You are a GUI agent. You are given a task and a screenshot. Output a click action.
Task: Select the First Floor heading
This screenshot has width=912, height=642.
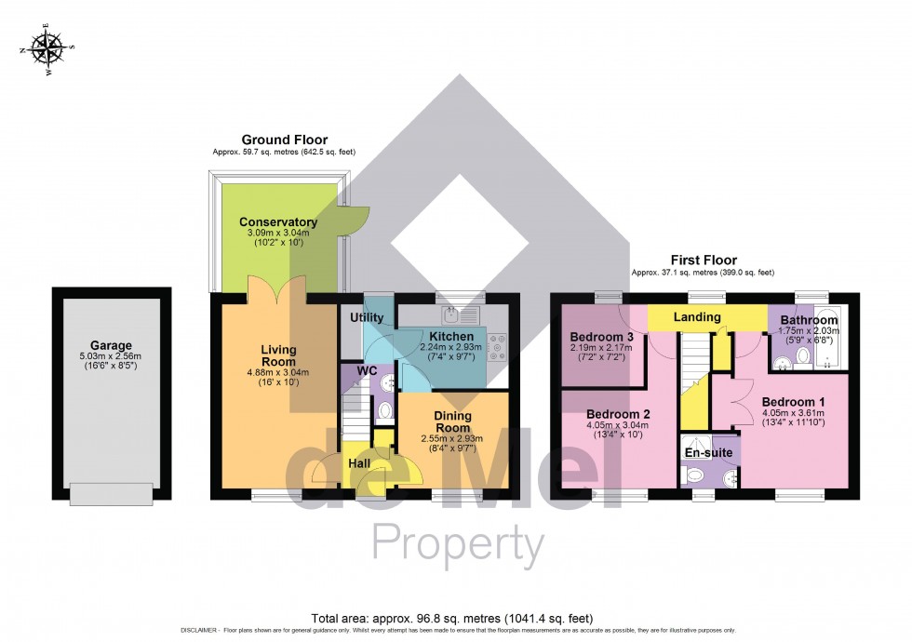point(704,261)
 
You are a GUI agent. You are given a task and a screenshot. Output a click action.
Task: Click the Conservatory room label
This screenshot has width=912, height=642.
point(278,222)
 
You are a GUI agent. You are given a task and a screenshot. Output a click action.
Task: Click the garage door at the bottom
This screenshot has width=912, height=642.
point(112,494)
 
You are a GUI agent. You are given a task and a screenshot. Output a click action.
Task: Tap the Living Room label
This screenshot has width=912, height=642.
point(278,355)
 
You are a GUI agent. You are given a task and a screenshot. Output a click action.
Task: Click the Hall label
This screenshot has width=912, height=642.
point(361,462)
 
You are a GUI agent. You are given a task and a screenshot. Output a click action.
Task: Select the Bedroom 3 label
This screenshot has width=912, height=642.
point(602,337)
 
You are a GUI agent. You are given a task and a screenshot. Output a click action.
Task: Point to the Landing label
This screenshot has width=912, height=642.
point(697,317)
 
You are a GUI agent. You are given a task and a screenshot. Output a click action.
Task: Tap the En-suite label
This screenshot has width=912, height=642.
point(711,452)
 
